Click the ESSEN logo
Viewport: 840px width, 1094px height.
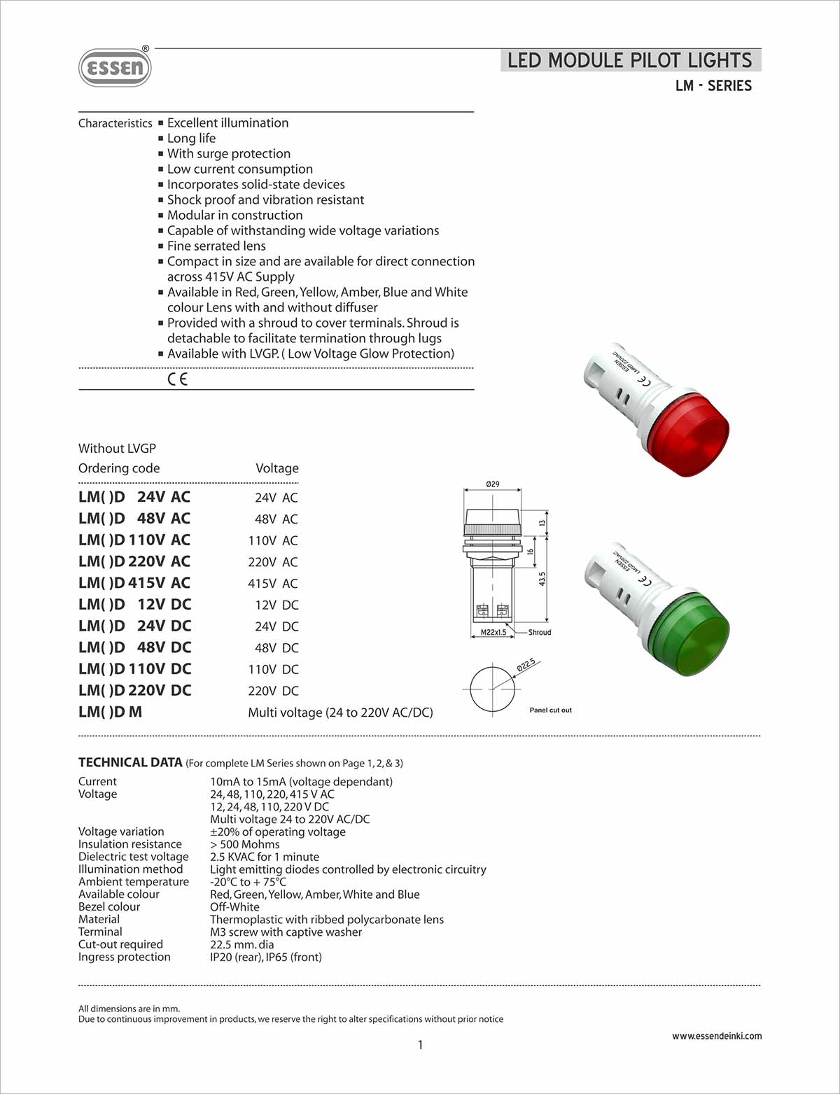[x=115, y=67]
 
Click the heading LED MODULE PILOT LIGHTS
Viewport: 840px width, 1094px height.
[x=629, y=60]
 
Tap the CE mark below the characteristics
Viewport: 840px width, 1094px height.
[x=178, y=379]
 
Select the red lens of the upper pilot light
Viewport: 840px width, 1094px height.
[x=689, y=433]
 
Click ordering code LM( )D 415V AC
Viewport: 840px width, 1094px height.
[x=134, y=583]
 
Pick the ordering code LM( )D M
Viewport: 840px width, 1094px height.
[x=110, y=712]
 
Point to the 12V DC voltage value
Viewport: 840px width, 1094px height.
[x=276, y=605]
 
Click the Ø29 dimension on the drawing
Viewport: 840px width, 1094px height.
[x=493, y=484]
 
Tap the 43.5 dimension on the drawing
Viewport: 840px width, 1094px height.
[x=542, y=578]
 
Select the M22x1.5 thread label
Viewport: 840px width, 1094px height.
[x=493, y=632]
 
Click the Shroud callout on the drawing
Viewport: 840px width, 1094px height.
[x=539, y=632]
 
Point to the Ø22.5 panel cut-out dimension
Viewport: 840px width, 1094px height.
[x=526, y=664]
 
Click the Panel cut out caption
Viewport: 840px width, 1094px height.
[x=550, y=710]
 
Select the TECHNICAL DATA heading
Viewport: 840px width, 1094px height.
[x=130, y=762]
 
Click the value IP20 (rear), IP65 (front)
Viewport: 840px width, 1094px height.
[x=266, y=957]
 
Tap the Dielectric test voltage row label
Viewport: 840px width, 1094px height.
[x=133, y=857]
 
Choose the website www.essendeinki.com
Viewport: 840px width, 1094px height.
[x=717, y=1036]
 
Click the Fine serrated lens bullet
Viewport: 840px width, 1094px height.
[x=216, y=246]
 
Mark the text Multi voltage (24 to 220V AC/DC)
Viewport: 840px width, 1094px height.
[x=340, y=713]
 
